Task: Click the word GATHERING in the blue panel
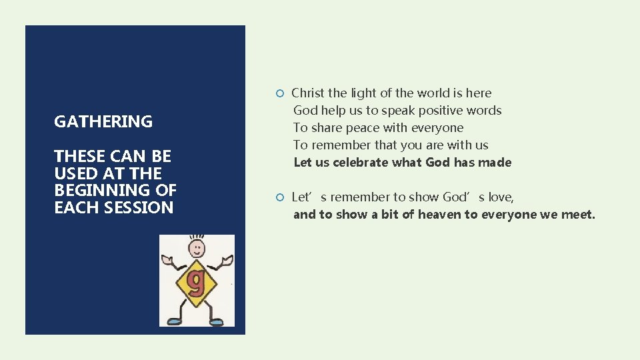(x=103, y=121)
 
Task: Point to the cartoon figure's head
(x=197, y=249)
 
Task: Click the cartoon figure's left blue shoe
(x=175, y=321)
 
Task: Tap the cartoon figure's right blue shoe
(x=216, y=321)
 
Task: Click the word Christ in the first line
(x=309, y=93)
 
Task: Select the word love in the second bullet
(x=500, y=197)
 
